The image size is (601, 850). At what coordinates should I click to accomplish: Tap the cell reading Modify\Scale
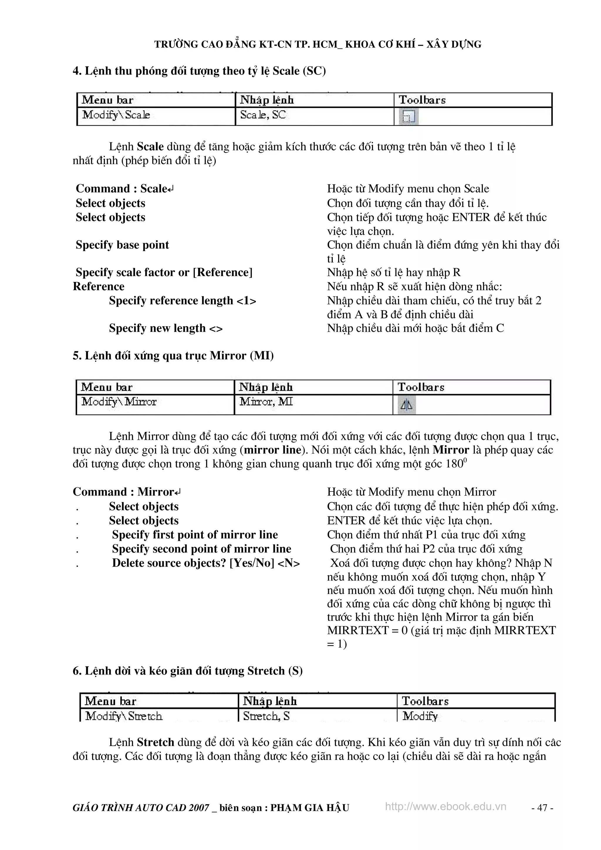point(116,115)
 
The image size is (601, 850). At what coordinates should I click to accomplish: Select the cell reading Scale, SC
point(263,115)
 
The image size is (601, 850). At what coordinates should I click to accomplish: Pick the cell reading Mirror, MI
point(266,402)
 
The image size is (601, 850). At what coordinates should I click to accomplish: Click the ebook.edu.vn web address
point(445,806)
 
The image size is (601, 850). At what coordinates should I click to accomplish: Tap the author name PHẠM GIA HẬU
point(310,807)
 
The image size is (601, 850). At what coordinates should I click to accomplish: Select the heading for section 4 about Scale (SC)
point(199,71)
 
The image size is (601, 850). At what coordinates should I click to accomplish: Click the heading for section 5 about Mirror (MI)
point(173,356)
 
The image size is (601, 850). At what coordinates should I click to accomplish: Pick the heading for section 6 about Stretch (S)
point(188,671)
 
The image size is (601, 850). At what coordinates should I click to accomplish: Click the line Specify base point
point(122,245)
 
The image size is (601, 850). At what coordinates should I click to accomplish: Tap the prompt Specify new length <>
point(166,328)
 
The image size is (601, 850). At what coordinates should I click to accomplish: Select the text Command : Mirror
point(126,492)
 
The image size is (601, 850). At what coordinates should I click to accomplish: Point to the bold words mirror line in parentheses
point(273,450)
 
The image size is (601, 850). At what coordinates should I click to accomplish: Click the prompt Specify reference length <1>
point(182,301)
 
